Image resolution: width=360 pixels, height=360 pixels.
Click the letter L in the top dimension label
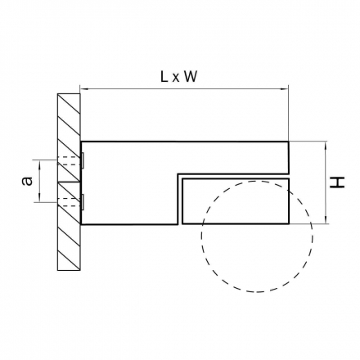[x=164, y=77]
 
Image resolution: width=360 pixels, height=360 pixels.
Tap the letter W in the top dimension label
[x=190, y=77]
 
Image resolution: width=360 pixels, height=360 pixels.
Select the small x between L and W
[x=176, y=79]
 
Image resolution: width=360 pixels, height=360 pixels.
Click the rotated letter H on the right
[x=337, y=182]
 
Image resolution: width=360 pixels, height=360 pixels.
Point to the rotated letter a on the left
[x=27, y=181]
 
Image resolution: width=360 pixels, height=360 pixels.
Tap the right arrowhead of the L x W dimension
[x=285, y=88]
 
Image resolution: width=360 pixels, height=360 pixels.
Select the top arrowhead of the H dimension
[x=325, y=145]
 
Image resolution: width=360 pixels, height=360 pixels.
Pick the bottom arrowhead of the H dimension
[x=325, y=221]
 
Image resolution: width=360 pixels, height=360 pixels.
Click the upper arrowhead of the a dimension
[x=40, y=163]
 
